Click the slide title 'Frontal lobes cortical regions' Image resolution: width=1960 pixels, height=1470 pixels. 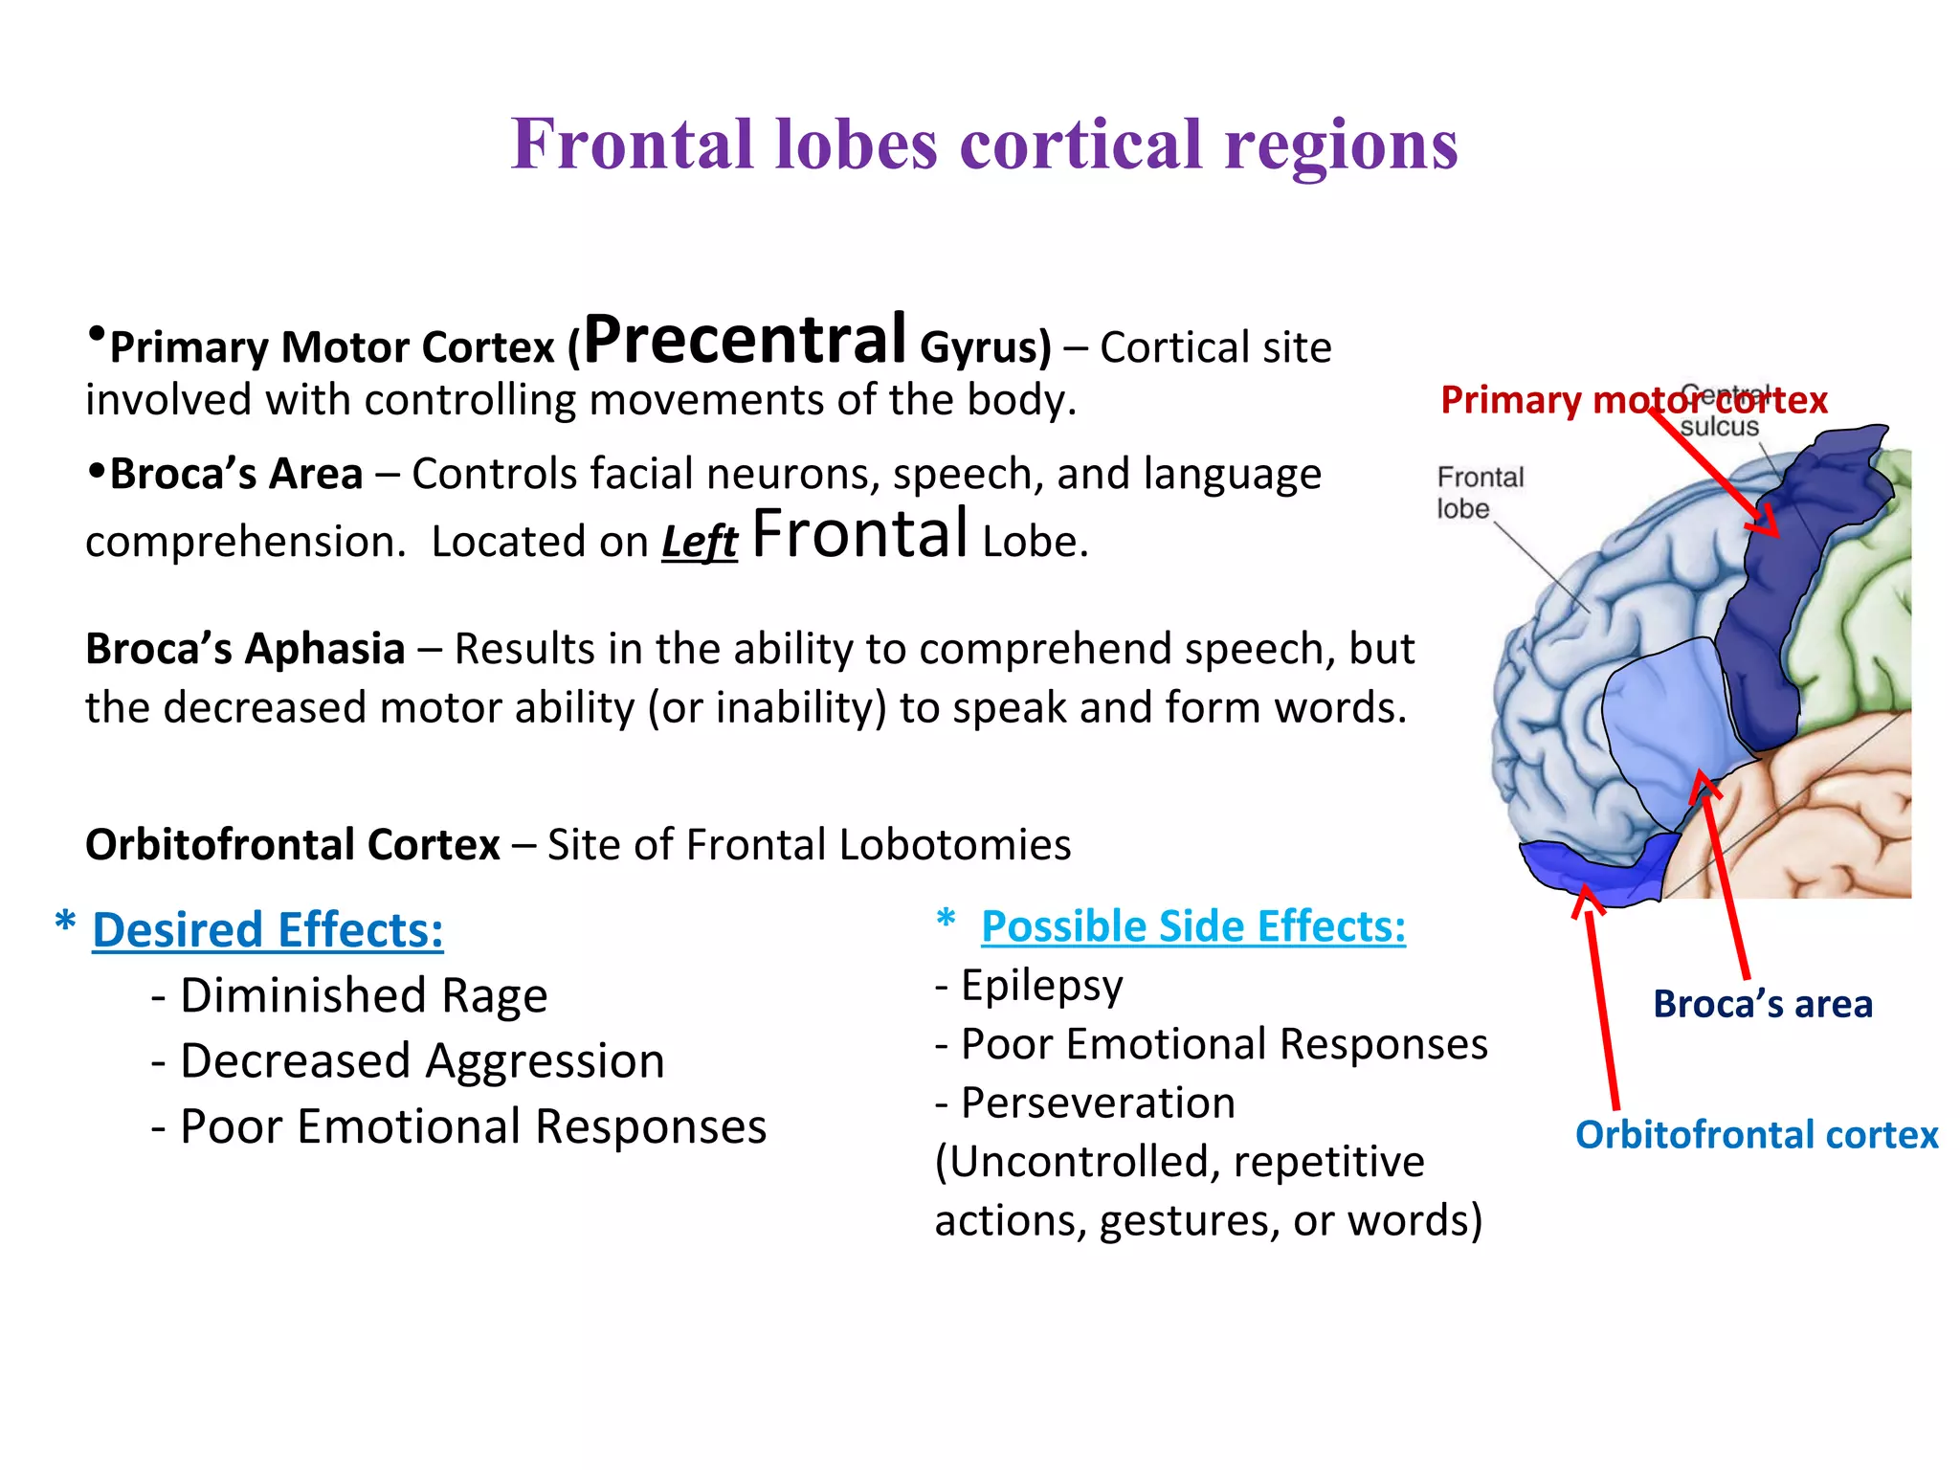tap(984, 144)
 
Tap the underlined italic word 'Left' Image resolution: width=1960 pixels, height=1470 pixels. tap(700, 542)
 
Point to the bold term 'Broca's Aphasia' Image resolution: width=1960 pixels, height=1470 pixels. tap(245, 649)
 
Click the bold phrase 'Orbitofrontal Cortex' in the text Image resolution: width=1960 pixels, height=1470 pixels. tap(293, 845)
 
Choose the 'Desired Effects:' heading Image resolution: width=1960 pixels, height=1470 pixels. tap(268, 930)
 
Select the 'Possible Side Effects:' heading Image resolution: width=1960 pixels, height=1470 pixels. tap(1193, 926)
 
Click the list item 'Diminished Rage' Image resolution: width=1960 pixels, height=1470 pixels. tap(363, 995)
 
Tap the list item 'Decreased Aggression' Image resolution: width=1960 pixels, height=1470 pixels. tap(421, 1061)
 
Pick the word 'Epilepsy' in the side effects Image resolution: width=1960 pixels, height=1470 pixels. tap(1041, 986)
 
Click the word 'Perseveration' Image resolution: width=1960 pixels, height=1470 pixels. tap(1098, 1103)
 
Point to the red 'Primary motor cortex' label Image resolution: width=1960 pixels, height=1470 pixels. tap(1633, 400)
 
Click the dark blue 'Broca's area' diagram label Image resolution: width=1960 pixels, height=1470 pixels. tap(1762, 1005)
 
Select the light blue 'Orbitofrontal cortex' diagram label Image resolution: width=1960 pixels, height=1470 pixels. tap(1756, 1135)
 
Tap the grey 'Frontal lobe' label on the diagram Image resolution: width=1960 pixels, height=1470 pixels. tap(1479, 492)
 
